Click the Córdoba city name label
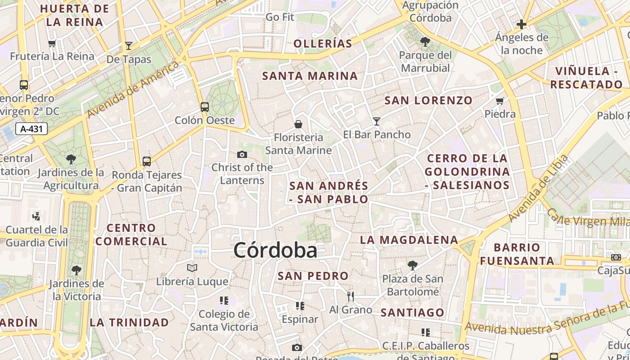coord(275,250)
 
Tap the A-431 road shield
coord(31,129)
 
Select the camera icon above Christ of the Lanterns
coord(242,155)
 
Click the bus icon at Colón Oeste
coord(205,107)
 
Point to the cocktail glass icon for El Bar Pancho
coord(377,121)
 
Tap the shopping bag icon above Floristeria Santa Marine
coord(298,124)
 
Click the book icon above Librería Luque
coord(192,268)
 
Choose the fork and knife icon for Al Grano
coord(351,296)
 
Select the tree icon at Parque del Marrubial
coord(425,42)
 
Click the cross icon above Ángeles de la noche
coord(522,24)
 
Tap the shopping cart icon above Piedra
coord(499,101)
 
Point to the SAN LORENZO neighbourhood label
coord(428,100)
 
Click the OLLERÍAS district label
coord(323,44)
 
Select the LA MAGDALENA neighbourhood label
coord(409,240)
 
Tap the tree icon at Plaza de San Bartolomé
coord(412,265)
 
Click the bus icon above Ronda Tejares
coord(147,161)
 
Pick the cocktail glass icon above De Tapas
coord(129,45)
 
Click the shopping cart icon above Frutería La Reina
coord(52,44)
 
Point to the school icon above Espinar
coord(300,306)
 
